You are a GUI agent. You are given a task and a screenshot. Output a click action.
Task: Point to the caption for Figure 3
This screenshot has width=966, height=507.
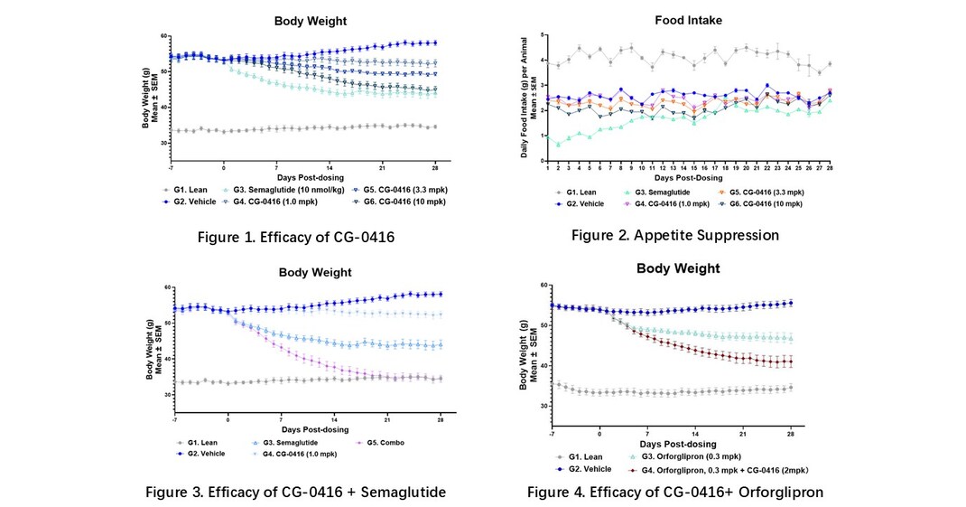tap(296, 492)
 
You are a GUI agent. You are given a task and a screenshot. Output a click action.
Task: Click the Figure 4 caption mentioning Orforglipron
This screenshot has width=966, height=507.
tap(675, 492)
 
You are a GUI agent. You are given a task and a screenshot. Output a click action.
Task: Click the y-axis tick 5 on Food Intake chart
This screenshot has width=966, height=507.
tap(541, 34)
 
